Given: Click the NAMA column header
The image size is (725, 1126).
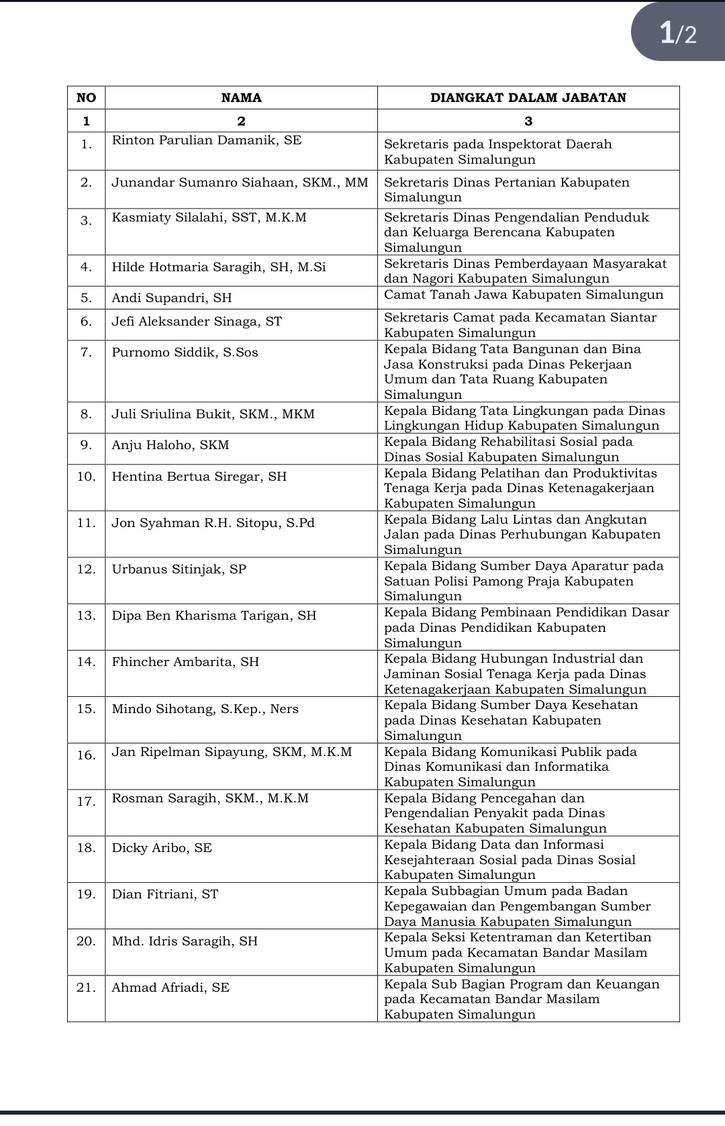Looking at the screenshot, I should point(241,98).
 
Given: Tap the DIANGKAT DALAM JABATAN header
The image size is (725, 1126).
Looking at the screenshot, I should point(528,98).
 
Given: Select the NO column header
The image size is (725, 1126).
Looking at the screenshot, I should point(87,98).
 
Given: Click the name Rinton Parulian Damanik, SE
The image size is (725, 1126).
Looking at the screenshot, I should point(207,140).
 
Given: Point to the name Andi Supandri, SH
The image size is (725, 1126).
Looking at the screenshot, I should point(172,298).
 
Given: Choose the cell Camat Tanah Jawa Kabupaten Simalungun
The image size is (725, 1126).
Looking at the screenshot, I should point(524,295).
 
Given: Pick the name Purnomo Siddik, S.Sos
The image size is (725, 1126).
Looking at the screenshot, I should point(185,353).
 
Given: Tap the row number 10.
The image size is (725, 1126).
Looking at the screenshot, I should point(87,477).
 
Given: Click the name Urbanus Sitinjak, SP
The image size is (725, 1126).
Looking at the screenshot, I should point(179,569).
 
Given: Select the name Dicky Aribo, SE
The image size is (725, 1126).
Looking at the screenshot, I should point(162,848).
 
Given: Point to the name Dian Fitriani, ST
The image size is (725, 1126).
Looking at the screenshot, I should point(165,894).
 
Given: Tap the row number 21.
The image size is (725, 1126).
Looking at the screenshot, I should point(87,988).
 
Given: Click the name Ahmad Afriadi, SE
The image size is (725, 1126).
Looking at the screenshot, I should point(171,988).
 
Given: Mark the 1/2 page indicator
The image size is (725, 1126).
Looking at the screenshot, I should point(678,32).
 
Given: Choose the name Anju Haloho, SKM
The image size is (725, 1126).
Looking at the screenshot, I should point(171,445).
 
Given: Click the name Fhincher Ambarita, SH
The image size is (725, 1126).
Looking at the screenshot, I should point(185,662).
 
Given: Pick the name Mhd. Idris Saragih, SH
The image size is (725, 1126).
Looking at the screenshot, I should point(185,941).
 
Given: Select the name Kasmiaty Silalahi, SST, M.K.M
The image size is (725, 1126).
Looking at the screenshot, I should point(209,218).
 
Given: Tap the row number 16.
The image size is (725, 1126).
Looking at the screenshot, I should point(87,755).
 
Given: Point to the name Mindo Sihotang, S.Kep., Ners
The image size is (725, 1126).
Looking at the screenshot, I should point(205,709).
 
